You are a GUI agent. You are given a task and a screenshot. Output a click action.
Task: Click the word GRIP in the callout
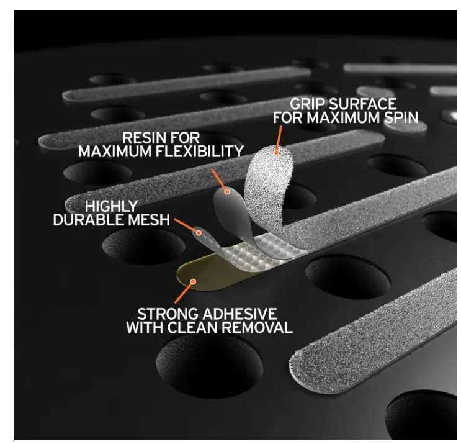tap(307, 104)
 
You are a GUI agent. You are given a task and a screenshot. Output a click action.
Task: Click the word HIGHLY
tap(112, 206)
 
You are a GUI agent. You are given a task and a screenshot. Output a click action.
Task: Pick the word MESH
tap(150, 219)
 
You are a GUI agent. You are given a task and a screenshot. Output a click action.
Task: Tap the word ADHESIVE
tap(239, 314)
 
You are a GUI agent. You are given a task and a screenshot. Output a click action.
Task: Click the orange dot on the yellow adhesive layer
tap(193, 282)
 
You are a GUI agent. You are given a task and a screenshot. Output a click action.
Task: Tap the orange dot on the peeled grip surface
tap(276, 152)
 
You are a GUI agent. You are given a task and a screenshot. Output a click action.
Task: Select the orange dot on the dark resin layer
tap(227, 192)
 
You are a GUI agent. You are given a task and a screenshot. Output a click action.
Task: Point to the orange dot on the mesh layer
tap(199, 233)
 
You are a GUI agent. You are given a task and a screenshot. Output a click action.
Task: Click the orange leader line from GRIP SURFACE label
tap(279, 138)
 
